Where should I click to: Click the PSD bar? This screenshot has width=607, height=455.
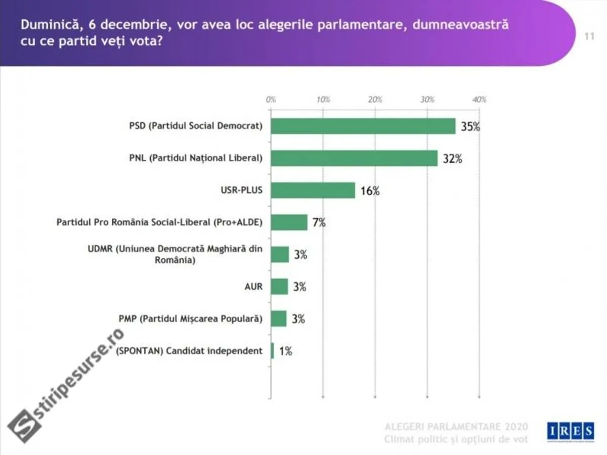pos(363,126)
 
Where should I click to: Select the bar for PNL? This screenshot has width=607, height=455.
pos(354,158)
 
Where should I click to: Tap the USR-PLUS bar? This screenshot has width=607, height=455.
pos(313,191)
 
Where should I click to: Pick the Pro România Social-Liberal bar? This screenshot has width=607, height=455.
pos(289,222)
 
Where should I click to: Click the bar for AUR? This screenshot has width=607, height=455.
pos(280,287)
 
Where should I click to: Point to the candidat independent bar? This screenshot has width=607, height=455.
pos(273,351)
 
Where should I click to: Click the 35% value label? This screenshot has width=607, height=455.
pos(470,127)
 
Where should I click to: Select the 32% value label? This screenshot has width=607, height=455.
pos(452,159)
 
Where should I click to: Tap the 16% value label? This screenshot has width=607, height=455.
pos(370,191)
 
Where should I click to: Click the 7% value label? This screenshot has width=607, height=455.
pos(319,223)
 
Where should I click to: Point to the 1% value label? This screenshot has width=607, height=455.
pos(285,351)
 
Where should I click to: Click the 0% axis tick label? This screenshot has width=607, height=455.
pos(271,100)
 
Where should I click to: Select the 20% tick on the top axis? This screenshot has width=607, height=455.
pos(375,100)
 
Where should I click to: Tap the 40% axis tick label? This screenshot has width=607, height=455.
pos(479,100)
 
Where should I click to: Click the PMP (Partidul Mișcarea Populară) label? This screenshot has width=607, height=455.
pos(190,319)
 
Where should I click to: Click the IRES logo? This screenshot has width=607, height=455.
pos(571,431)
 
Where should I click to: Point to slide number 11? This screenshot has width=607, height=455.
pos(589,36)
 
